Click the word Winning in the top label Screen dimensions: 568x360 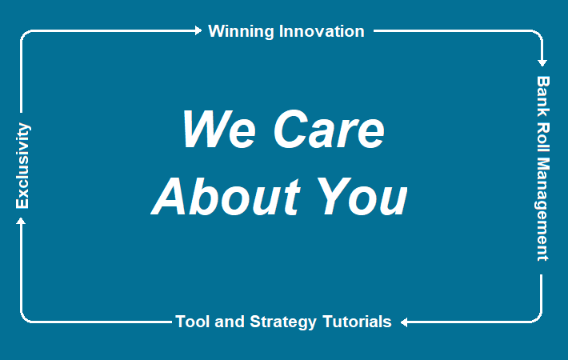click(x=241, y=32)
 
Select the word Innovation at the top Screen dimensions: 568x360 click(x=322, y=31)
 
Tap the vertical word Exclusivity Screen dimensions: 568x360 click(x=22, y=166)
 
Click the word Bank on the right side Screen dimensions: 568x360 click(x=543, y=96)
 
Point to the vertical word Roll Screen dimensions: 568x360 click(x=543, y=137)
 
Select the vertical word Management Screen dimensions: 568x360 click(x=542, y=209)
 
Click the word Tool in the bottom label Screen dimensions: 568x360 click(x=192, y=322)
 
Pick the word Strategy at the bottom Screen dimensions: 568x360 click(x=283, y=322)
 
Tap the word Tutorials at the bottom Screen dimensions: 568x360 click(x=357, y=322)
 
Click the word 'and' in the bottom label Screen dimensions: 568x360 click(x=230, y=322)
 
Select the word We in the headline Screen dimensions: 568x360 click(x=219, y=130)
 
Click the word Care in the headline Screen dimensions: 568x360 click(x=329, y=130)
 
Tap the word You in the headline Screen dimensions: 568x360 click(x=362, y=196)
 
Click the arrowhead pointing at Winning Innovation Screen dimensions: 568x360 click(x=198, y=30)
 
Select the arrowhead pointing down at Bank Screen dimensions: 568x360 click(x=542, y=63)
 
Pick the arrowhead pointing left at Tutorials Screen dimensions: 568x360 click(x=404, y=322)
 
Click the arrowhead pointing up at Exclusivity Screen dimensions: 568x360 click(x=21, y=221)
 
